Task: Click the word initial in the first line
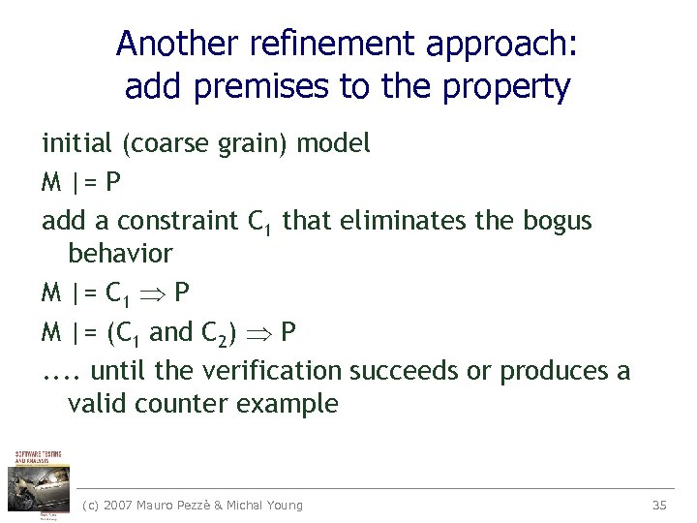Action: (76, 144)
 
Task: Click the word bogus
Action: (557, 222)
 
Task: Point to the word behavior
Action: (120, 255)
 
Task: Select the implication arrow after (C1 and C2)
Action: (264, 333)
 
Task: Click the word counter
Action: (177, 404)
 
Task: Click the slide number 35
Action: (660, 505)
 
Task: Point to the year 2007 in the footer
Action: (120, 505)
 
